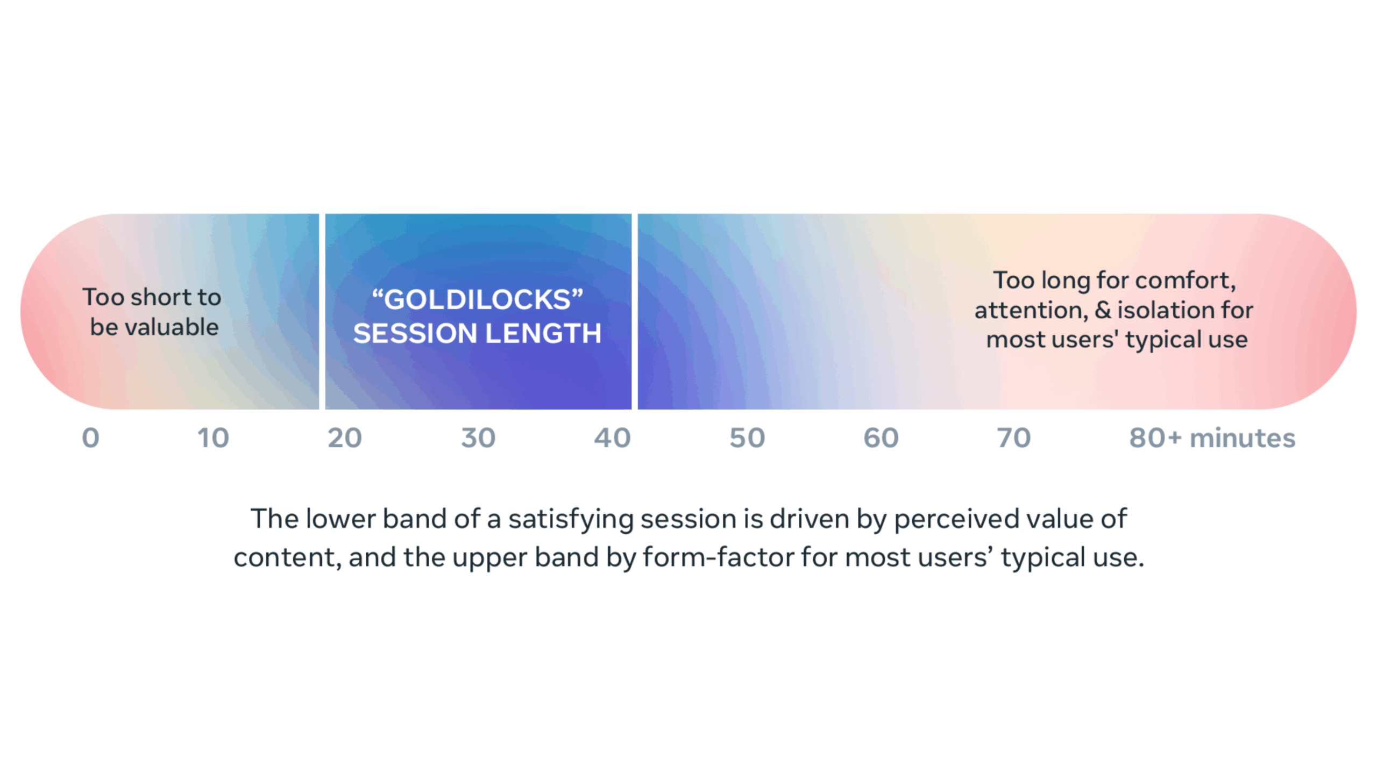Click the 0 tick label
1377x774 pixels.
(90, 438)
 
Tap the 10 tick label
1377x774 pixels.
(213, 438)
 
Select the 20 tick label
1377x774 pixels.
(345, 438)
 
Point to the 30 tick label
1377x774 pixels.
(478, 438)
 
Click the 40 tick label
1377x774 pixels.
(612, 438)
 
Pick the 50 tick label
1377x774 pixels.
(747, 438)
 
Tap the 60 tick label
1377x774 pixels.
(881, 438)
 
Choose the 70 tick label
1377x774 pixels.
(1014, 438)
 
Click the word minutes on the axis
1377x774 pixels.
(1243, 438)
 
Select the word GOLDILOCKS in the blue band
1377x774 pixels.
(478, 299)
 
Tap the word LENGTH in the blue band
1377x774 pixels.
(544, 333)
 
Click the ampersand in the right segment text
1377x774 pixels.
(1103, 310)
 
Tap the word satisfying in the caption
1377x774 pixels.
(571, 520)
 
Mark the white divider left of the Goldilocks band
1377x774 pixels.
(322, 311)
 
